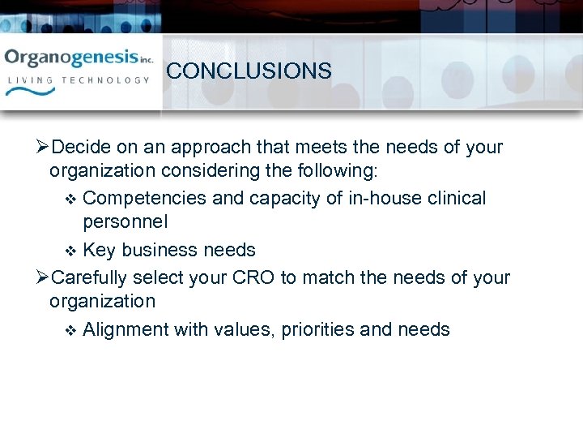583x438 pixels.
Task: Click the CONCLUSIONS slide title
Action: click(x=249, y=71)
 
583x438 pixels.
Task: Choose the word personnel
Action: click(x=126, y=222)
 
